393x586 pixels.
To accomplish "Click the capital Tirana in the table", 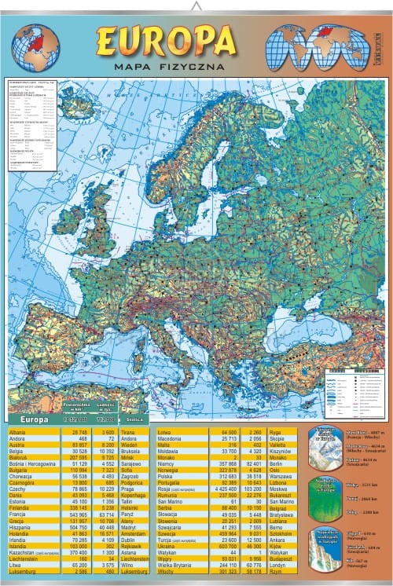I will (130, 432).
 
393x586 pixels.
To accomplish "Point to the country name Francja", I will (18, 515).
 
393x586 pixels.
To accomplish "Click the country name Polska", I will (165, 476).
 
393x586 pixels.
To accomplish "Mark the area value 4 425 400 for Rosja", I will (223, 489).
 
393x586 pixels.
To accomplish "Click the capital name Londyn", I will (277, 564).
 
